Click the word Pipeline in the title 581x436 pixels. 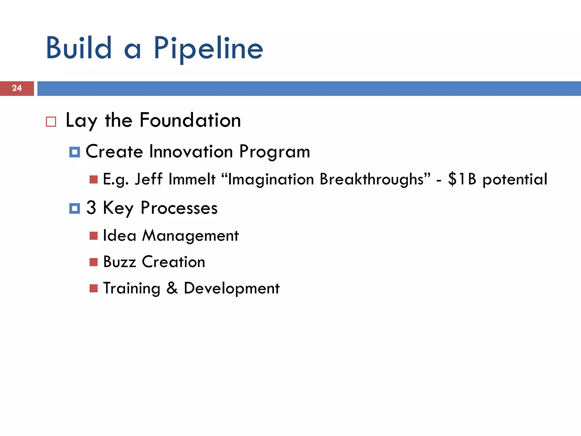click(209, 49)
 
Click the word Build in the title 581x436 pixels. click(79, 48)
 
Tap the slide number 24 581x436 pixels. click(17, 88)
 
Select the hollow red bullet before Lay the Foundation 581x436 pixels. click(51, 122)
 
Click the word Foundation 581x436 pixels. click(190, 120)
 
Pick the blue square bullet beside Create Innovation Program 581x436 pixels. click(75, 152)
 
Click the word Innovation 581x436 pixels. click(191, 151)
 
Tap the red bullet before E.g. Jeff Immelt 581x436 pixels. click(94, 179)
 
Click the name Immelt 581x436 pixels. click(192, 179)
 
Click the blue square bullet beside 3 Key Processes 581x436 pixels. click(75, 209)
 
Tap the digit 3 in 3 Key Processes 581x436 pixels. click(91, 208)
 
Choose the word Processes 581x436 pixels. click(179, 208)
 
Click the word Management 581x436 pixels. click(190, 236)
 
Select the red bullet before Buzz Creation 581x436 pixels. click(94, 262)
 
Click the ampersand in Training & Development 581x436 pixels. click(172, 288)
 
